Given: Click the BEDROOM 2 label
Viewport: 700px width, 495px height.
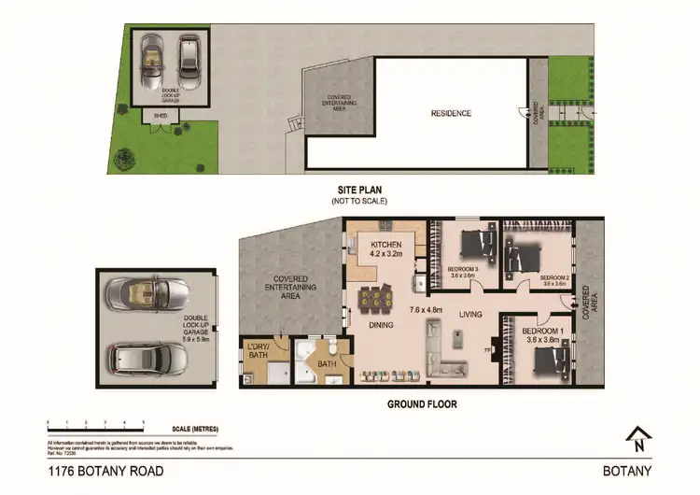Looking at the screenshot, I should (554, 277).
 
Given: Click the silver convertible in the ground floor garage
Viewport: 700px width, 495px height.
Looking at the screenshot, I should (137, 295).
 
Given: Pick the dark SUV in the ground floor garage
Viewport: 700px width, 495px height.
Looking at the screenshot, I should (138, 357).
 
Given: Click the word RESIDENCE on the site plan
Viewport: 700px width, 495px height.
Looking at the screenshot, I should (451, 114).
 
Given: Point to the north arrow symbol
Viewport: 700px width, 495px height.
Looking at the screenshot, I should (640, 437).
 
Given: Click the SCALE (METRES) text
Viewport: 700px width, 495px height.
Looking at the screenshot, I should (194, 429).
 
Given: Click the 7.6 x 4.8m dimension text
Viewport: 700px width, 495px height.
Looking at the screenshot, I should (426, 307).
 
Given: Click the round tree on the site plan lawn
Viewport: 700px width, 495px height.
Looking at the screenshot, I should (123, 158).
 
